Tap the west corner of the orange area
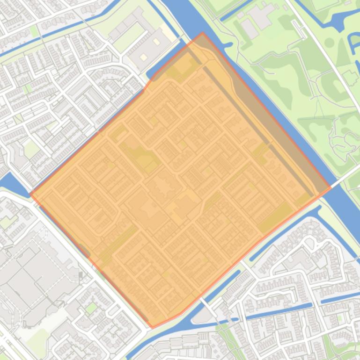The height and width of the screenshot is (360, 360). pyautogui.click(x=30, y=194)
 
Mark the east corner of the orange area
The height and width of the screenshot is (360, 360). pyautogui.click(x=331, y=187)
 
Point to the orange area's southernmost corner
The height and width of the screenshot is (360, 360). pyautogui.click(x=151, y=327)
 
